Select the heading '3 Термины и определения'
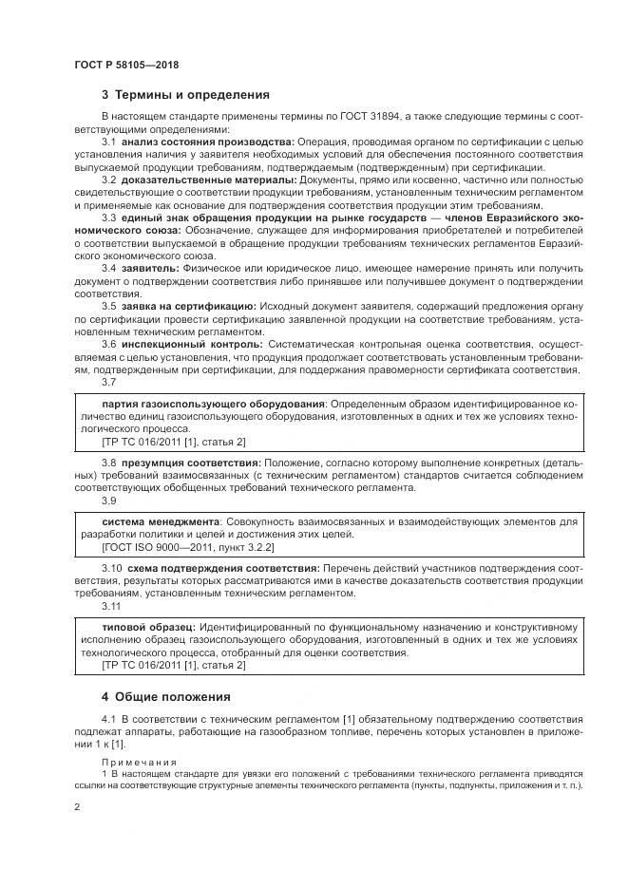click(185, 95)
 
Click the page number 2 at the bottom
click(76, 806)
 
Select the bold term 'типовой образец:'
click(148, 627)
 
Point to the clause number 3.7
click(109, 382)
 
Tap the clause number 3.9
click(109, 500)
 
